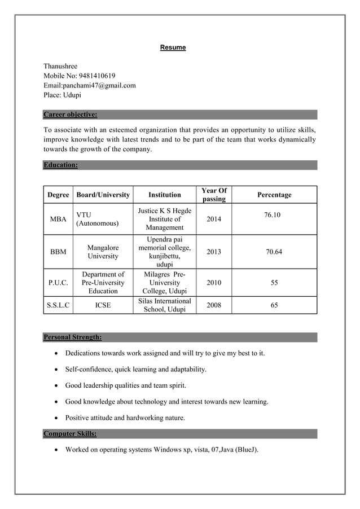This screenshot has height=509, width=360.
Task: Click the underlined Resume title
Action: [x=173, y=47]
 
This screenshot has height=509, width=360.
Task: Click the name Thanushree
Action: [x=60, y=66]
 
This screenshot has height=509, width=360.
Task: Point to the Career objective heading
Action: [x=70, y=115]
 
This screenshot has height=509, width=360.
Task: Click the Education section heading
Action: [x=60, y=165]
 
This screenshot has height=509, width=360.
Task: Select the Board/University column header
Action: [x=103, y=195]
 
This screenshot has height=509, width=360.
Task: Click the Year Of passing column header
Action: [x=214, y=195]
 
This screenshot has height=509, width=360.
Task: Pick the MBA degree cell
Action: [x=58, y=219]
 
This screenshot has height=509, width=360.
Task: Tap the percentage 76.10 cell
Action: [x=272, y=215]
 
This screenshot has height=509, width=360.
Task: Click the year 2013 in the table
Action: [x=214, y=252]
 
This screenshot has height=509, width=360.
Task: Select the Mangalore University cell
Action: [x=103, y=252]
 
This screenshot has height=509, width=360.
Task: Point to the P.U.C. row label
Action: [x=58, y=283]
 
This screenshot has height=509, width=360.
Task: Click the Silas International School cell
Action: [x=165, y=305]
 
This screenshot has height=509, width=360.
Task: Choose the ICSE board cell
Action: [x=103, y=305]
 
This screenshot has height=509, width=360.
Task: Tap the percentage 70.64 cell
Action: [x=274, y=252]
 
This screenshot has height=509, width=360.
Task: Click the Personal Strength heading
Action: [x=72, y=337]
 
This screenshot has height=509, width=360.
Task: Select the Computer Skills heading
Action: [x=70, y=434]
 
